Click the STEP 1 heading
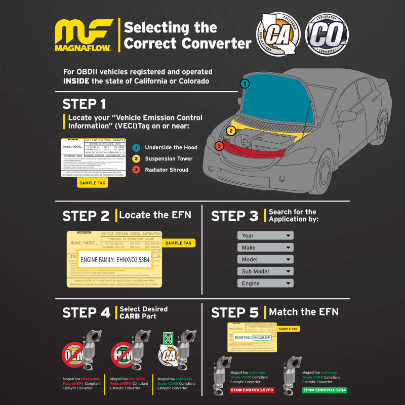[x=85, y=104]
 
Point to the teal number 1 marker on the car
[x=245, y=83]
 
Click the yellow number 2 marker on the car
[x=231, y=131]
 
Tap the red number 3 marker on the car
[x=219, y=146]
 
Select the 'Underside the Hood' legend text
[x=171, y=148]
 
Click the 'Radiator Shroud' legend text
[x=167, y=170]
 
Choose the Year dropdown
[x=265, y=235]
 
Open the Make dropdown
[x=265, y=248]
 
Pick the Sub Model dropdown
[x=265, y=271]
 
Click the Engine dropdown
[x=265, y=283]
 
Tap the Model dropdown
[x=265, y=259]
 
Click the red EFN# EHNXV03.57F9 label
[x=245, y=390]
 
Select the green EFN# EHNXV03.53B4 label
[x=325, y=390]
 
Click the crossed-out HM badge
[x=123, y=353]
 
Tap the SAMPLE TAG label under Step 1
[x=92, y=182]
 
